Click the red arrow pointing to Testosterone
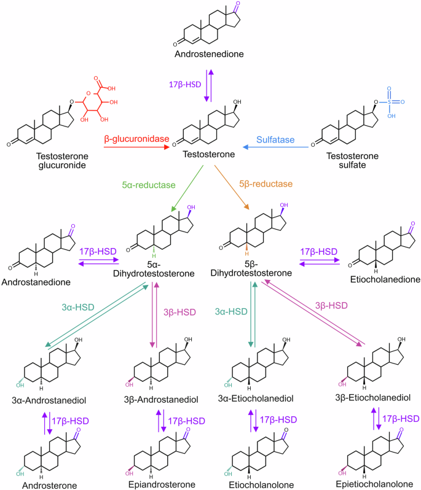(135, 148)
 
